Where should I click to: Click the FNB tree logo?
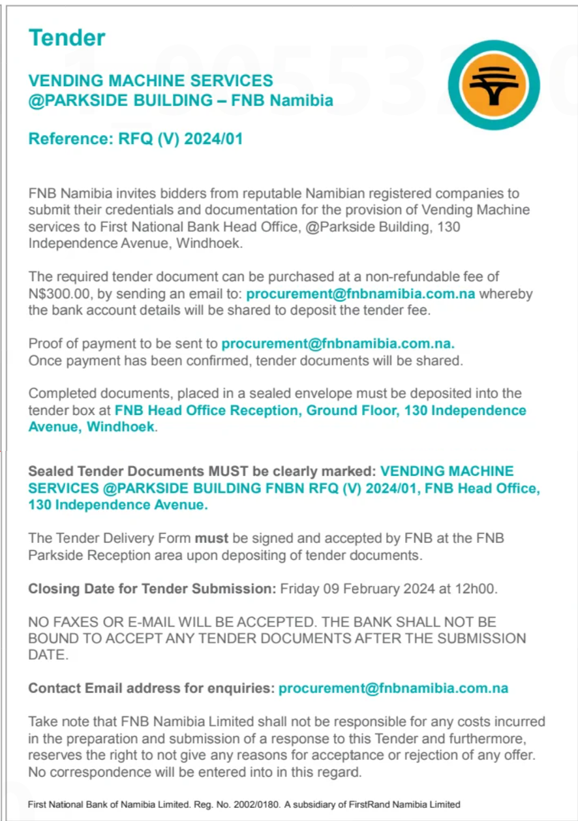[494, 85]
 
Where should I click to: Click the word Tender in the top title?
[67, 38]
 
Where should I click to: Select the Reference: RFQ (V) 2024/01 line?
[136, 138]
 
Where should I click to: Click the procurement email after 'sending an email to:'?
[361, 294]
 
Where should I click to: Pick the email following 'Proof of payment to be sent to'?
[338, 343]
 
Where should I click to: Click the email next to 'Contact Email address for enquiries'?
[393, 688]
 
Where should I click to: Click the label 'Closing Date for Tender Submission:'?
[152, 589]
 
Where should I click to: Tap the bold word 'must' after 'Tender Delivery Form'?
[212, 538]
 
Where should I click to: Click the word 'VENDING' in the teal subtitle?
[66, 81]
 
